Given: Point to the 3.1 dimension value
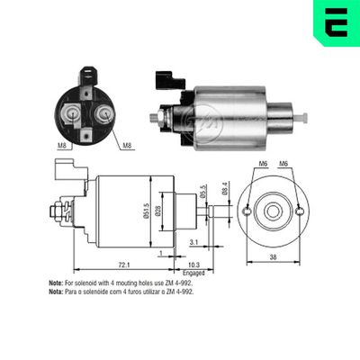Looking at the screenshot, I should (195, 241).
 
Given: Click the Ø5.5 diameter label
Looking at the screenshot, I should (203, 192).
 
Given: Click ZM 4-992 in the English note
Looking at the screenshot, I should (179, 283).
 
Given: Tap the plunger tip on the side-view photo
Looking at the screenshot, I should (302, 117).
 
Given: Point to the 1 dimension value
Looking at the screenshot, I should (160, 255).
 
